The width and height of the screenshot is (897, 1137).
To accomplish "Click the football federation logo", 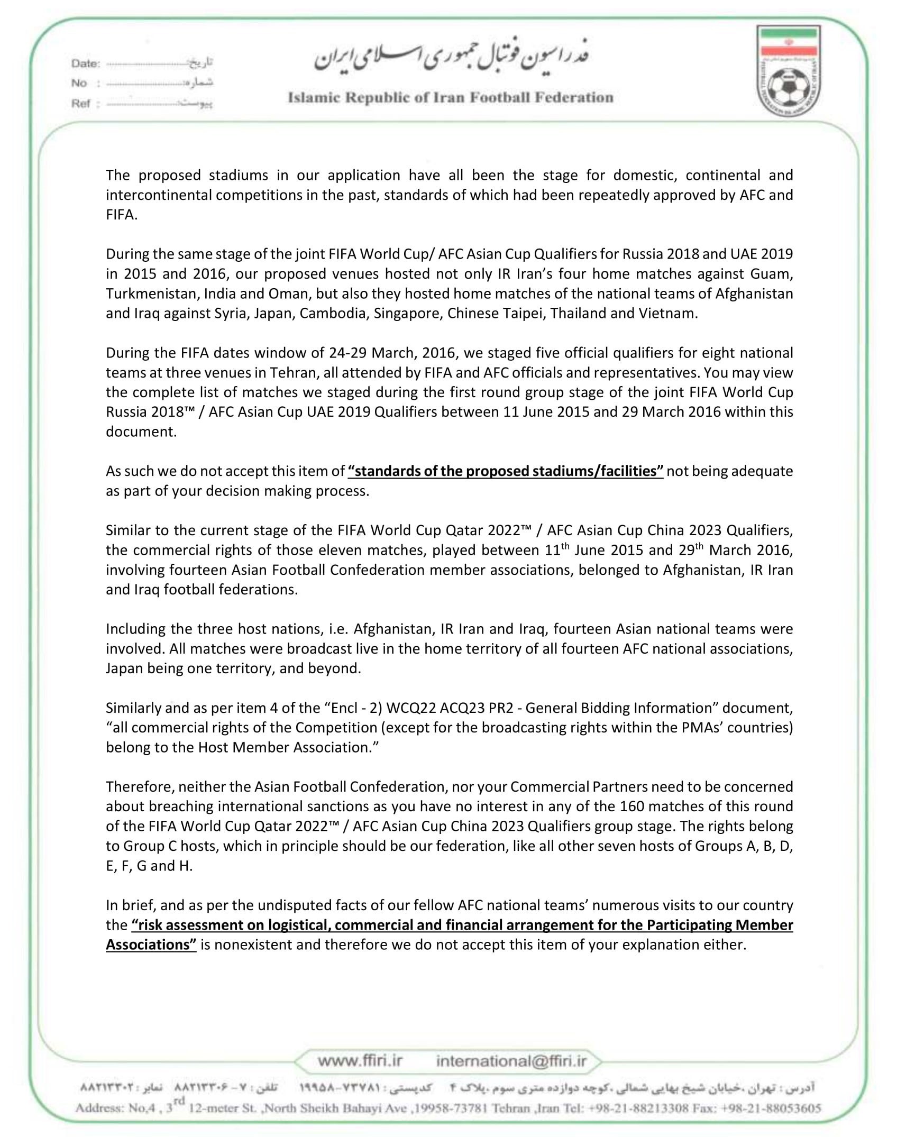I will pos(788,74).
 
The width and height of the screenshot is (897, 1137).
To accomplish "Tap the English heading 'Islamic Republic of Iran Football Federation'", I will pos(450,98).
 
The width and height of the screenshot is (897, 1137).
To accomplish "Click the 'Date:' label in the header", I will pos(86,63).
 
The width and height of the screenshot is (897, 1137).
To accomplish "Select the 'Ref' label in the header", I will pos(81,104).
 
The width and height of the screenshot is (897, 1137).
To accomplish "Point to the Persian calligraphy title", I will pos(451,59).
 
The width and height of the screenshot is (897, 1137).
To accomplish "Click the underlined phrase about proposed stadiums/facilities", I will pos(505,471).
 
